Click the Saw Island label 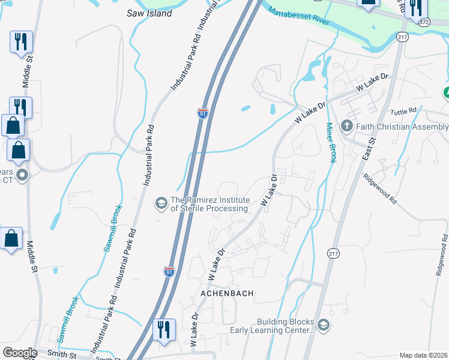coord(149,13)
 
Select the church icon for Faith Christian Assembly coord(346,127)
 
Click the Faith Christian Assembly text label coord(402,127)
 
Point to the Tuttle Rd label coord(403,111)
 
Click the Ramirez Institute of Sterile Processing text coord(209,204)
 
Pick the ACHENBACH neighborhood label coord(227,293)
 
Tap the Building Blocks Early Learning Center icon coord(323,325)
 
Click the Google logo coord(19,352)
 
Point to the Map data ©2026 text coord(423,355)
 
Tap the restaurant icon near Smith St coord(164,330)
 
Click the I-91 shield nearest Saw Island coord(203,113)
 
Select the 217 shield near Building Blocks coord(334,254)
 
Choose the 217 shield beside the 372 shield coord(402,37)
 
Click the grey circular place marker coord(22,175)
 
